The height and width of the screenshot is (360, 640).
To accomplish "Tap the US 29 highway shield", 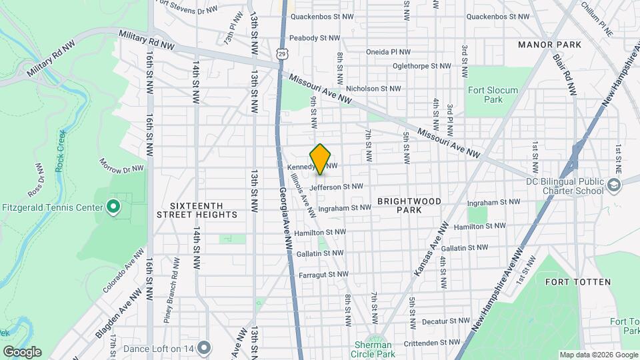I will coord(282,51).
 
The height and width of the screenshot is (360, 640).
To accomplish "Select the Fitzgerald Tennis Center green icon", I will coord(113,207).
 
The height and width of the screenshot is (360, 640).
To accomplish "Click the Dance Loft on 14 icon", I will coord(204,347).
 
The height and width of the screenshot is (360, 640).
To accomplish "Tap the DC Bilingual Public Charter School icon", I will coord(614,187).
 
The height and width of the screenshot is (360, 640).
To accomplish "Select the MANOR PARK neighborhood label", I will coord(550,45).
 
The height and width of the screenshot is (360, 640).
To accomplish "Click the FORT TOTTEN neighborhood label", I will coord(577,282).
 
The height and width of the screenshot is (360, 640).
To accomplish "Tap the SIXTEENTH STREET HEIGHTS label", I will coord(197,210).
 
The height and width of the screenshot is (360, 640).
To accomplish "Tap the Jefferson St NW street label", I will coord(336,187).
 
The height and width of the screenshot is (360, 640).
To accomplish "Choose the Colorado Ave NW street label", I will coord(123,271).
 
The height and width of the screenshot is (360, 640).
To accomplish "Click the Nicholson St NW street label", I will coord(373,88).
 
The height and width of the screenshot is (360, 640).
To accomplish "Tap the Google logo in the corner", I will coord(22,352).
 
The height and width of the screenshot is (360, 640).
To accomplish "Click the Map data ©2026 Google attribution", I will coord(597,355).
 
